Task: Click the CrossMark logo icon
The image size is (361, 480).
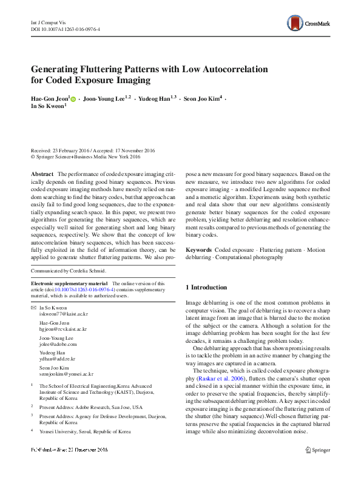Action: coord(295,24)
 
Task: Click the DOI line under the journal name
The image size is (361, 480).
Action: coord(66,29)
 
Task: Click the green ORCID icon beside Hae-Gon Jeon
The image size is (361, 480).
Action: coord(73,98)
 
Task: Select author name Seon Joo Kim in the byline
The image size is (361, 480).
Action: coord(201,97)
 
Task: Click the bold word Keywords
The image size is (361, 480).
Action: coord(198,250)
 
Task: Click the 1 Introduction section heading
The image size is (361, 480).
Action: coord(206,286)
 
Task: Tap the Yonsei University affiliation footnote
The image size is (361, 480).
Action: coord(84,431)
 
